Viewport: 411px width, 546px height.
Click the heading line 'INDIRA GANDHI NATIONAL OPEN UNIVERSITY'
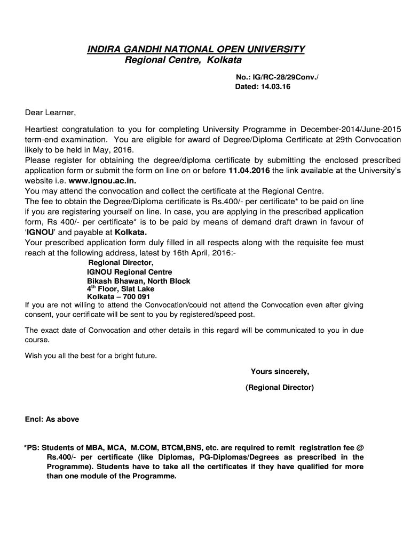(x=196, y=50)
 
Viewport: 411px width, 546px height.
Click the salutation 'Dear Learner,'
(x=51, y=113)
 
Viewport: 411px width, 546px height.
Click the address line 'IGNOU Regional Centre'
(x=130, y=272)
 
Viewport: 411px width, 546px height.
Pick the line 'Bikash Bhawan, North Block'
(x=139, y=281)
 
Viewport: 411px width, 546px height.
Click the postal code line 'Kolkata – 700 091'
(x=118, y=296)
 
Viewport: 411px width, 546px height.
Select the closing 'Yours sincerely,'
(x=280, y=372)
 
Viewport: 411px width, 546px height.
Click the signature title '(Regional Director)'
(x=280, y=388)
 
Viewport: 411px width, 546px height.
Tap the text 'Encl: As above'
(x=52, y=419)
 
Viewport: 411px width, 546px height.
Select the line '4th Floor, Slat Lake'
(x=121, y=289)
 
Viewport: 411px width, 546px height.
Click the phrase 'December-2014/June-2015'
(x=351, y=130)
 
